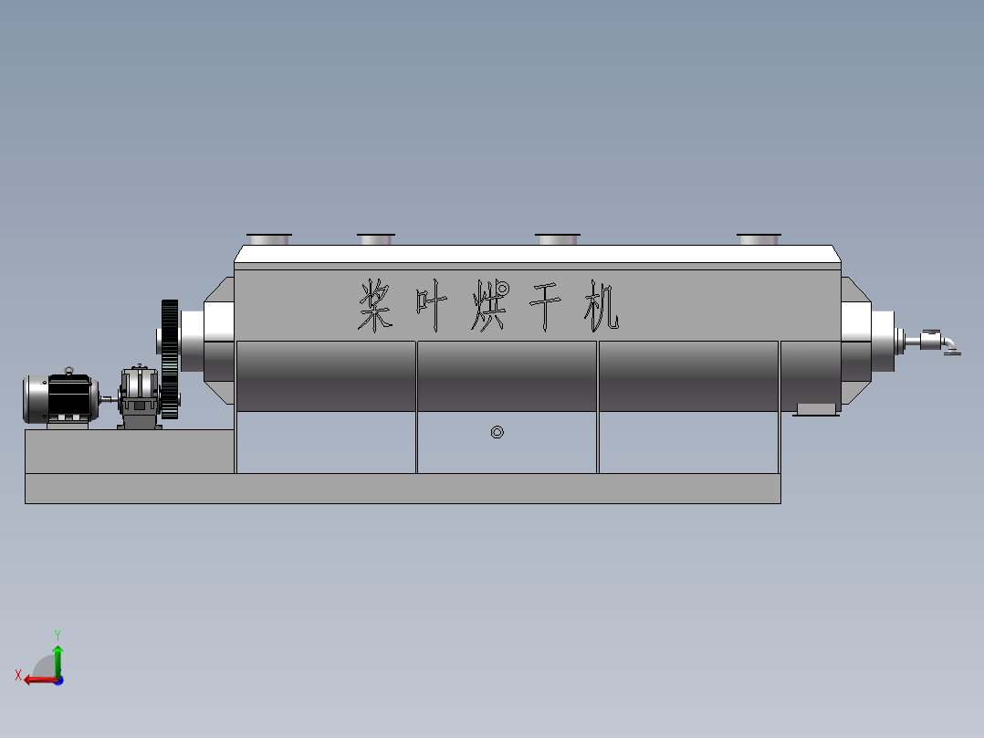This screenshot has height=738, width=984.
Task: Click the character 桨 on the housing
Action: click(x=376, y=306)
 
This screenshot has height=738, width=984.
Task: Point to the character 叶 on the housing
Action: click(x=432, y=307)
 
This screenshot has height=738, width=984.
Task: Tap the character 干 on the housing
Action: click(x=545, y=307)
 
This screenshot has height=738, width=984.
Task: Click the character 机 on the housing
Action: click(x=601, y=307)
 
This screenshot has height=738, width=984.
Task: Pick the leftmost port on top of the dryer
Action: click(x=268, y=239)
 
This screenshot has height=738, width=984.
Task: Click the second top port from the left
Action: click(x=375, y=239)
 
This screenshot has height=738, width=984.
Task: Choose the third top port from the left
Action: click(x=557, y=239)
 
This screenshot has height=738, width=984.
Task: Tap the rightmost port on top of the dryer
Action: click(x=759, y=239)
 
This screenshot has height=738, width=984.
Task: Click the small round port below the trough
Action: click(x=497, y=432)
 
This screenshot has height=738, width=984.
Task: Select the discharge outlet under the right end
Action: click(x=816, y=408)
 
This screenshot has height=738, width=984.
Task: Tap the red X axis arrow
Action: click(x=37, y=679)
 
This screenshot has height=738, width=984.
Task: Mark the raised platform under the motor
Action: click(x=128, y=451)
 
